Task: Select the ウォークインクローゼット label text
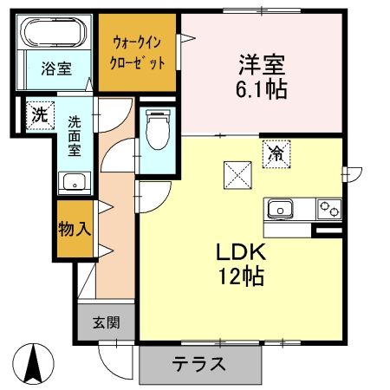tap(139, 52)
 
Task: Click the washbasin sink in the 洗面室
tap(72, 181)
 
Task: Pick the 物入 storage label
tap(75, 230)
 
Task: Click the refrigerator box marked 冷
tap(276, 154)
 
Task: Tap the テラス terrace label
tap(198, 363)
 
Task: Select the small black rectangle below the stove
tap(328, 231)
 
